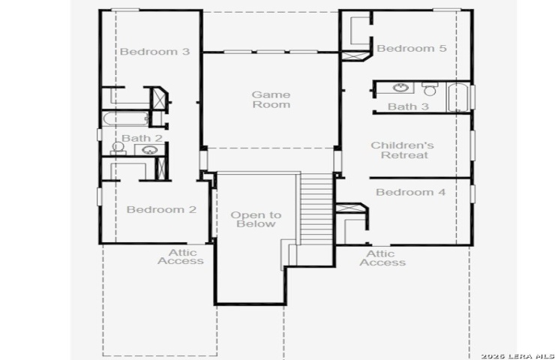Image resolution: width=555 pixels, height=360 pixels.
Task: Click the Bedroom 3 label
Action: coord(154,52)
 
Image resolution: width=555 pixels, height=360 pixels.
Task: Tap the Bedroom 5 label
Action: coord(412,49)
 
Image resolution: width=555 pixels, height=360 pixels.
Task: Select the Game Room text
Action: coord(271,100)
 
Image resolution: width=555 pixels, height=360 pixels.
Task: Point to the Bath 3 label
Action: coord(408,106)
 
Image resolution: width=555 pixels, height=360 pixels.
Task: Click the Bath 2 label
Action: coord(142,138)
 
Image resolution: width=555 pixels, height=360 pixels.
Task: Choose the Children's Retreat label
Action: coord(403,150)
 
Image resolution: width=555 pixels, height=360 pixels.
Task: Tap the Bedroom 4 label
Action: coord(410,192)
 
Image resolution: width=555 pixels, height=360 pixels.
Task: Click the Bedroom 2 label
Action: coord(161,209)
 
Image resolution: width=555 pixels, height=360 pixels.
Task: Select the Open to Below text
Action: coord(256,220)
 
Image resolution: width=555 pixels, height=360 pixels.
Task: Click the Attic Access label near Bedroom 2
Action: coord(181,256)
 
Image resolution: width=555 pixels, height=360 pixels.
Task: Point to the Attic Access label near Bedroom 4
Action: coord(382,258)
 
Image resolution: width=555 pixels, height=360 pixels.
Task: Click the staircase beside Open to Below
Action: coord(316,208)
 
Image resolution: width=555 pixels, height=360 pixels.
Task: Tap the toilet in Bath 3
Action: coord(430,89)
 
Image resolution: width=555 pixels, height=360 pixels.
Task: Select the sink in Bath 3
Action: coord(401,87)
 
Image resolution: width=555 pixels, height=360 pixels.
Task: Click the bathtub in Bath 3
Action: coord(458,97)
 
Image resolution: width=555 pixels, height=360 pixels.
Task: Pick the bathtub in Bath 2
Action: coord(126,118)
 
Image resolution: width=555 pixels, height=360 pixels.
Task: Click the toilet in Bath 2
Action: coord(118,148)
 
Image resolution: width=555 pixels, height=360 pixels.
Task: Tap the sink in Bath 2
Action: coord(149,150)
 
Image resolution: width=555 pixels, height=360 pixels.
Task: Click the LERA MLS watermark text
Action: coord(517,356)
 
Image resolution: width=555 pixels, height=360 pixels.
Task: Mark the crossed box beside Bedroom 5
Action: coord(355,56)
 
